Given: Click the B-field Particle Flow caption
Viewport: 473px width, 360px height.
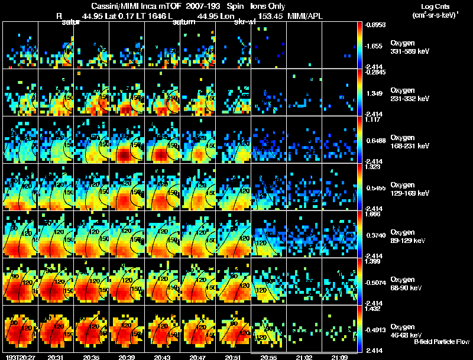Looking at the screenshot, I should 441,342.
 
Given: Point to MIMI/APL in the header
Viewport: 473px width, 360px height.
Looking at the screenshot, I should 306,16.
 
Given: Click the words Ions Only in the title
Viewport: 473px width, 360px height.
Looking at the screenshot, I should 267,5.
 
